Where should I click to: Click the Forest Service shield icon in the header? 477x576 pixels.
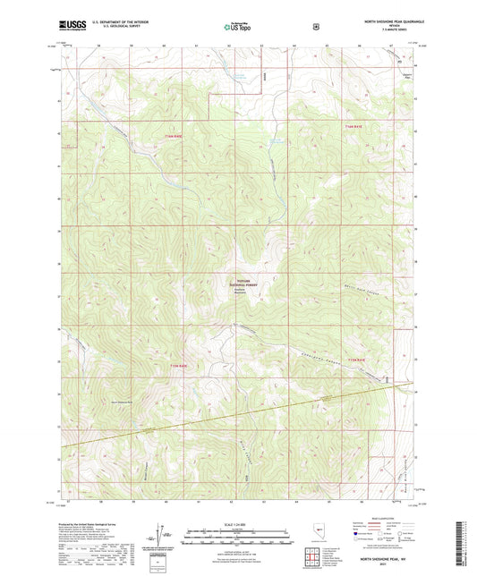pyautogui.click(x=314, y=26)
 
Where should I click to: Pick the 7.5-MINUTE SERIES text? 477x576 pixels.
pyautogui.click(x=395, y=30)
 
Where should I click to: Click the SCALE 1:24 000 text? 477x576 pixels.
pyautogui.click(x=237, y=525)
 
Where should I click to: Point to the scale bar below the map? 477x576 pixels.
pyautogui.click(x=237, y=538)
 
